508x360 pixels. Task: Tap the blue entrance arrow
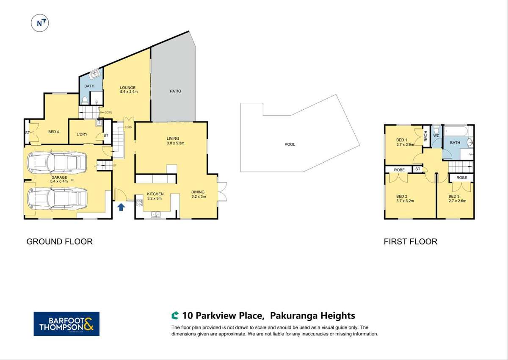[121, 207]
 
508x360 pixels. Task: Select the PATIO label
[176, 91]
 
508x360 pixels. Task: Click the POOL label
[290, 144]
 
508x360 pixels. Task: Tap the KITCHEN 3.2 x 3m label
[155, 196]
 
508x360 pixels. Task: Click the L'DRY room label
[82, 135]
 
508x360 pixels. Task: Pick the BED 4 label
[53, 132]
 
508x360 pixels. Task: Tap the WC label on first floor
[436, 136]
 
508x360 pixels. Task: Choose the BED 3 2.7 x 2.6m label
[457, 199]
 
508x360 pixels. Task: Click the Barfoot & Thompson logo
[66, 324]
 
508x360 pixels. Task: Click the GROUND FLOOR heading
[59, 242]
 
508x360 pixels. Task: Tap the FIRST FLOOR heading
[410, 242]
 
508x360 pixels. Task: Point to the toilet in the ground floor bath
[85, 100]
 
